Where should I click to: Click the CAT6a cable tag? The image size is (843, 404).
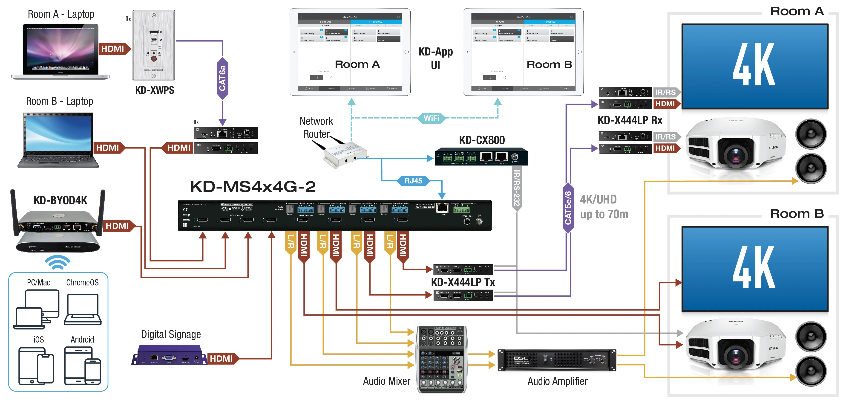coord(222,78)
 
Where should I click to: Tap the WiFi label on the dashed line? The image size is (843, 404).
coord(432,118)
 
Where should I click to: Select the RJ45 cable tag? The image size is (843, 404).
coord(413,181)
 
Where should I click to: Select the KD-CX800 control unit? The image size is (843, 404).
coord(481,157)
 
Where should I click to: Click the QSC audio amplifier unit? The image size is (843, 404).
coord(557,360)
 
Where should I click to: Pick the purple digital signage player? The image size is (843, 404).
coord(170,355)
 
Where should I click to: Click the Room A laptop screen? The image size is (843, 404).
coord(60,49)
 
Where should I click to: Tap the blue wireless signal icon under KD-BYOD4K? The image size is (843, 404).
coord(58,262)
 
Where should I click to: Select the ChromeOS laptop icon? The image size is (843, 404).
coord(83,309)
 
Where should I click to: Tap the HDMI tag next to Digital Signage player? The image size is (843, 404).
coord(222,358)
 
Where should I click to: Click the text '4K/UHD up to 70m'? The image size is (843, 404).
coord(604,206)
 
